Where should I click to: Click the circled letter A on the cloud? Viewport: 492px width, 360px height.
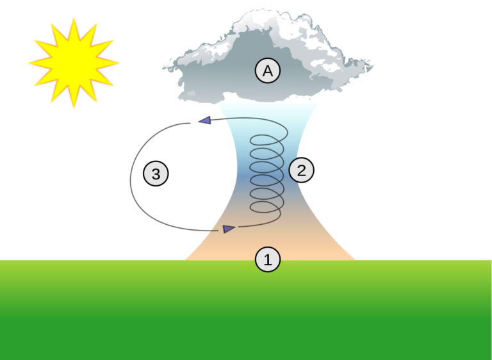click(x=268, y=70)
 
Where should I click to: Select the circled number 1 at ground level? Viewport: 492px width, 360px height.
click(x=268, y=259)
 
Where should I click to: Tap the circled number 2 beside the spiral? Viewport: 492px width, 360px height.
click(x=301, y=170)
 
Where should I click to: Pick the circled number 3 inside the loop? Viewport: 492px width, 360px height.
click(x=156, y=173)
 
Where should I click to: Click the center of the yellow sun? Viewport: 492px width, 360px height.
click(x=74, y=63)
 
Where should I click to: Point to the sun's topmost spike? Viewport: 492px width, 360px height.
click(x=74, y=18)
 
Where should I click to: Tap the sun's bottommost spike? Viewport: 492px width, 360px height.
click(x=74, y=108)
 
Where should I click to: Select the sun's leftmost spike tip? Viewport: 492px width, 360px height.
click(x=29, y=63)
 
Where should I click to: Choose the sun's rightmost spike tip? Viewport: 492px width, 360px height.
click(x=119, y=63)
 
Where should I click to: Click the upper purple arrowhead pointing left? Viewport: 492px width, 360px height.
click(x=204, y=120)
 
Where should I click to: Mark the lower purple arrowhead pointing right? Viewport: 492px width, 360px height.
click(x=229, y=229)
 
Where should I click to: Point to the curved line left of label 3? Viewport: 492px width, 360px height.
click(x=131, y=180)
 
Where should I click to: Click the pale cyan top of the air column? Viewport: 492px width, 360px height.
click(x=268, y=113)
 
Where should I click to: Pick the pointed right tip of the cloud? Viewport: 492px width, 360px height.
click(x=373, y=66)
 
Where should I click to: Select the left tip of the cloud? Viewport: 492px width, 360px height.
click(x=163, y=68)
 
